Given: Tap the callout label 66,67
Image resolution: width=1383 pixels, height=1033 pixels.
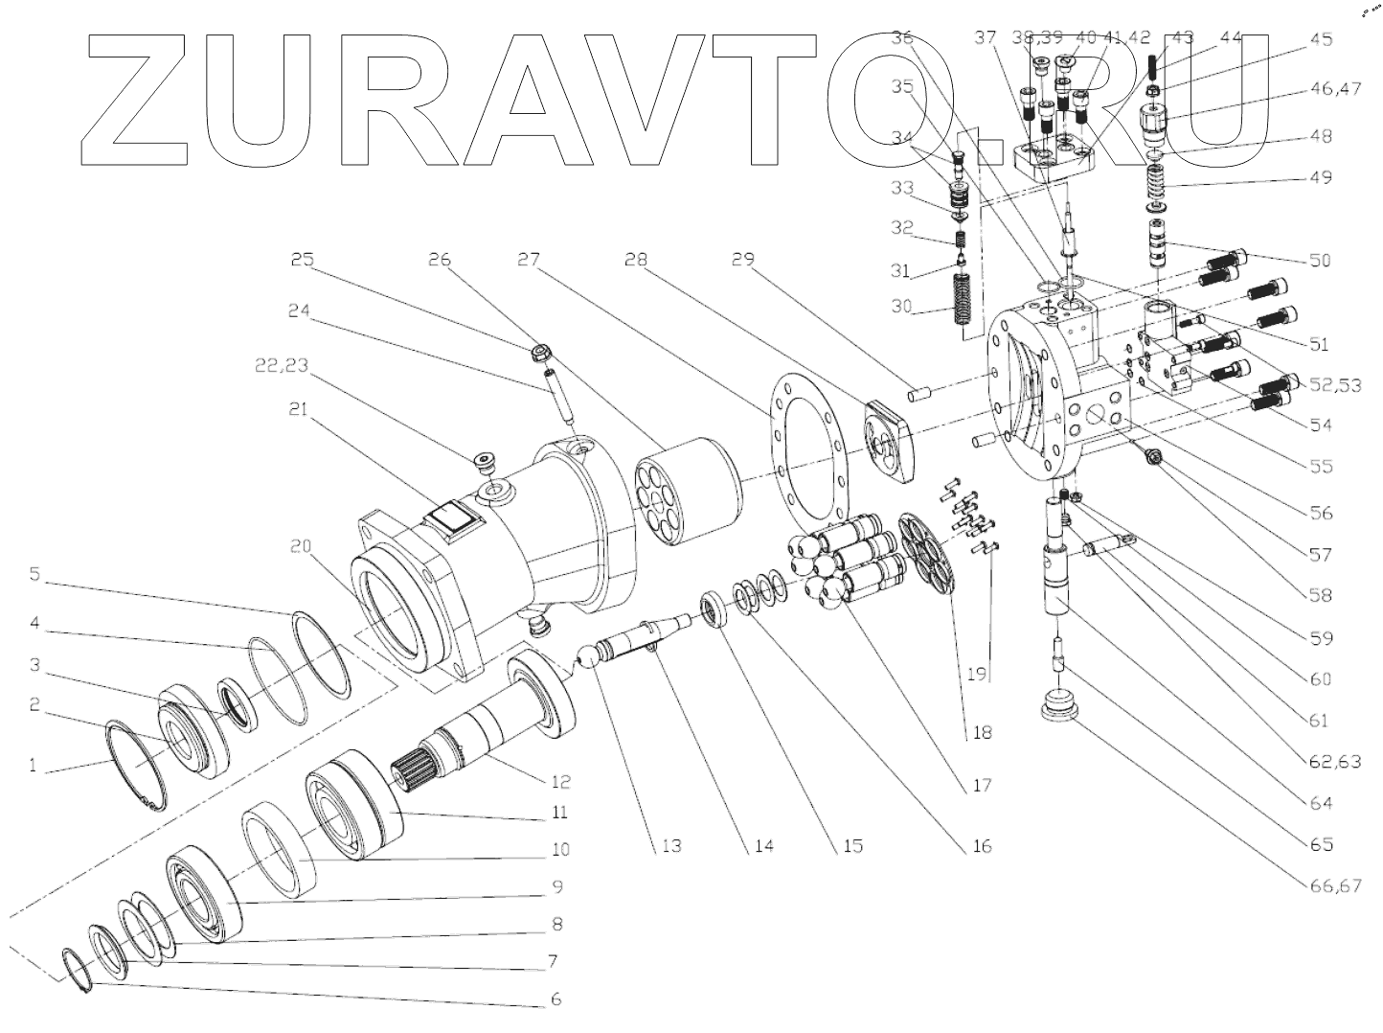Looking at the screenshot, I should click(x=1335, y=886).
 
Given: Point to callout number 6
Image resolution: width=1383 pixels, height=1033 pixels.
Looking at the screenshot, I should click(x=555, y=999).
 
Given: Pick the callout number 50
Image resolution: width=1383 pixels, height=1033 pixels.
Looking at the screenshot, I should click(x=1320, y=261).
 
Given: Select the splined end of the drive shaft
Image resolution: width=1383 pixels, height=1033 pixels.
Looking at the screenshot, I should click(x=418, y=766).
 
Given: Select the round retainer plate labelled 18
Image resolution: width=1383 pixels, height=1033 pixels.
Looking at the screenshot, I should click(x=930, y=551).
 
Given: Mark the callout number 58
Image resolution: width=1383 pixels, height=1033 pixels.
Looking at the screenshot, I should click(x=1320, y=595).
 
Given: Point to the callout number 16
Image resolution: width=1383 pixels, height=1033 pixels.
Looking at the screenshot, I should click(x=981, y=846).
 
